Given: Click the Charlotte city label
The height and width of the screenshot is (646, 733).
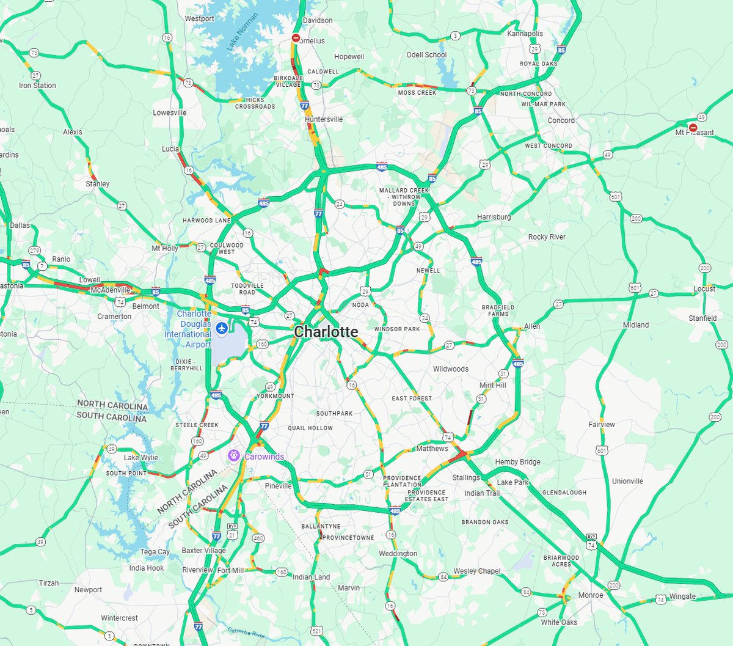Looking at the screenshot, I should [x=326, y=332].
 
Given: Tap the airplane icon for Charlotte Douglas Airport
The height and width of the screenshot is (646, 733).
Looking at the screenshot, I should [x=221, y=329].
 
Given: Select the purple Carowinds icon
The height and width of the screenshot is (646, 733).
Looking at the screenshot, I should [x=233, y=456].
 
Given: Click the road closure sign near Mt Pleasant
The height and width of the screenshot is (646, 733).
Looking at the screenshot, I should [x=693, y=128].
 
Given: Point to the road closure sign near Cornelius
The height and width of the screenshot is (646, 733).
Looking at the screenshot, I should [x=296, y=38].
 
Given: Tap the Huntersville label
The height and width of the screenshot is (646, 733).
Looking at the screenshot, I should [x=324, y=119].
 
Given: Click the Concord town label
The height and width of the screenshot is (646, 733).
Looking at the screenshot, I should [x=561, y=120].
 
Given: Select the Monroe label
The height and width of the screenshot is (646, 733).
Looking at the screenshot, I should [x=590, y=595].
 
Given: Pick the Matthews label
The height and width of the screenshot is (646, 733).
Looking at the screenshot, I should [x=432, y=449].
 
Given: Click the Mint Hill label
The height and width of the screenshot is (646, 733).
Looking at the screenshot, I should [x=492, y=386].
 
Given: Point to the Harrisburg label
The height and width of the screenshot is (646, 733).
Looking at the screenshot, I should [x=494, y=217].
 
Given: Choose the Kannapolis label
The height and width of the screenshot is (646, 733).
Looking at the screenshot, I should [x=525, y=34].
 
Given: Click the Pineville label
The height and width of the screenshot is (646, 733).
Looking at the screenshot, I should [x=278, y=486].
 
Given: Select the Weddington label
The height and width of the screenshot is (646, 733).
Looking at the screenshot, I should [x=398, y=554].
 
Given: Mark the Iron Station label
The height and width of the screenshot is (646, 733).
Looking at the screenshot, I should [x=37, y=86].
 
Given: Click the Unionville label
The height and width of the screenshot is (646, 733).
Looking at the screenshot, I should [x=627, y=481].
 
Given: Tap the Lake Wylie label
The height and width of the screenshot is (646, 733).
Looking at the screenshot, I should [x=140, y=457].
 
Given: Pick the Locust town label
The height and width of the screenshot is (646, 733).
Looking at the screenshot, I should [x=704, y=288].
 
